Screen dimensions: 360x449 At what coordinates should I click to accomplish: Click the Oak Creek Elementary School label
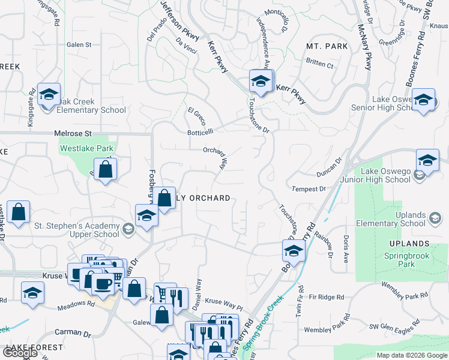pos(91,106)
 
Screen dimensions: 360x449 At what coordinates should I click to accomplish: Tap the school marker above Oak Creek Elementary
pos(49,94)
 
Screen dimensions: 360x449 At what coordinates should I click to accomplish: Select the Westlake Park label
pos(86,148)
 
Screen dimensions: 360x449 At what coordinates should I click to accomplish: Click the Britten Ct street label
pos(319,64)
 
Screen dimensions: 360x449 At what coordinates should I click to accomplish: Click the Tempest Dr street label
pos(308,189)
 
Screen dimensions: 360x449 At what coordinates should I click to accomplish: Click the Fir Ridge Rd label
pos(327,297)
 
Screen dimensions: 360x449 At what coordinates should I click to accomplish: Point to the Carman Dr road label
pos(73,333)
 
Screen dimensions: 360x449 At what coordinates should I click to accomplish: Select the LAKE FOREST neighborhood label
pos(34,347)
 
